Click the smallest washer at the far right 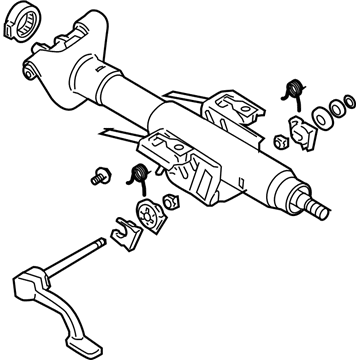pyautogui.click(x=349, y=103)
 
